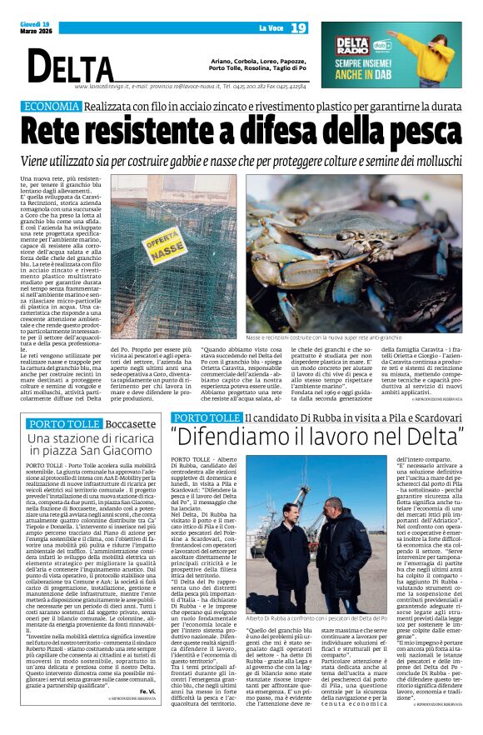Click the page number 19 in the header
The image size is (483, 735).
coord(299,29)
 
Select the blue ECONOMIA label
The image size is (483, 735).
coord(75,107)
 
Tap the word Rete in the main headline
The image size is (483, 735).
coord(63,131)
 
